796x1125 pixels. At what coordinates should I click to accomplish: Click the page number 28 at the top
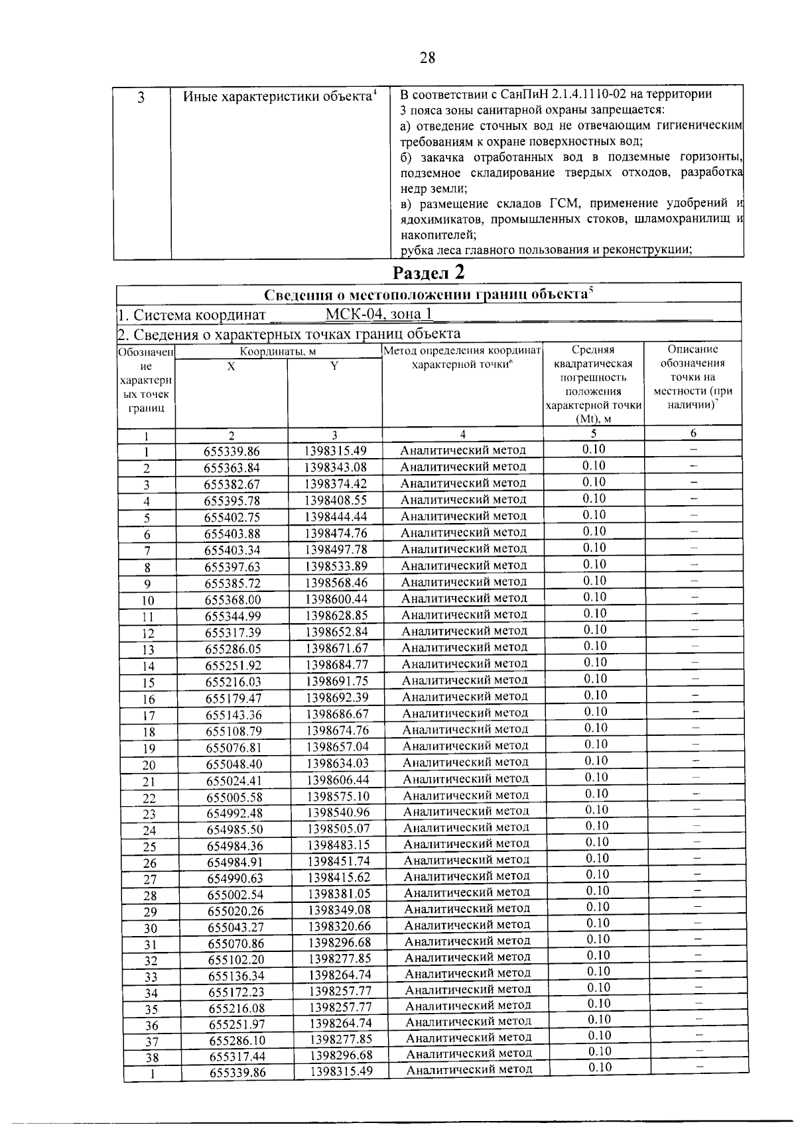pos(427,58)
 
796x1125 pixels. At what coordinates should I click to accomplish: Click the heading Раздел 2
pos(429,272)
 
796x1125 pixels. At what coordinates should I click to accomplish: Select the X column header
pos(231,366)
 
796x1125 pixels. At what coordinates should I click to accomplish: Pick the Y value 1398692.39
pos(338,697)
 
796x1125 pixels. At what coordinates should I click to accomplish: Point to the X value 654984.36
pos(235,845)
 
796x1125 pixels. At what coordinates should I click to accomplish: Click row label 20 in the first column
pos(149,765)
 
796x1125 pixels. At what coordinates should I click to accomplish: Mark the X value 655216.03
pos(234,682)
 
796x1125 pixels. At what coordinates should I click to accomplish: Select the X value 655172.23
pos(237,992)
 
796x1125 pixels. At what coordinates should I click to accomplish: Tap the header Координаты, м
pos(278,351)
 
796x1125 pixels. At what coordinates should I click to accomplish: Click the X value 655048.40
pos(235,764)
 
